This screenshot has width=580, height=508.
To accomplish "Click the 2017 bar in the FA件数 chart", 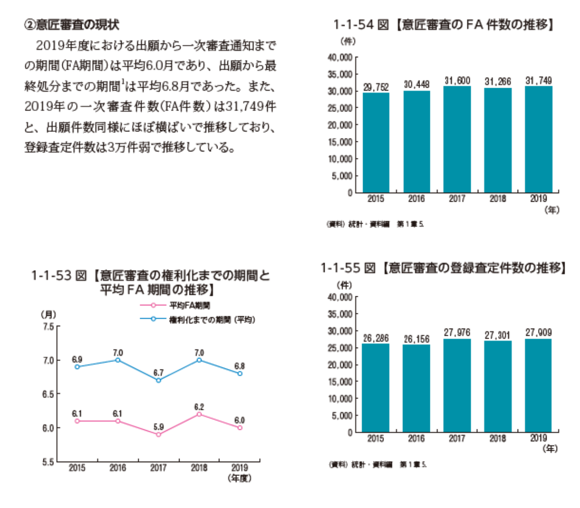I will (x=457, y=139).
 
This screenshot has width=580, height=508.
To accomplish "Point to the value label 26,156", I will (x=416, y=339).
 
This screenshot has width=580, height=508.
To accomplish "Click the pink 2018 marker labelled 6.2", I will (x=199, y=414).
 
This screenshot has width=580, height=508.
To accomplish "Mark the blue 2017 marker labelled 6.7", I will (x=159, y=380).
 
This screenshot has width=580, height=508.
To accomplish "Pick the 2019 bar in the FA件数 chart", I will (x=538, y=139).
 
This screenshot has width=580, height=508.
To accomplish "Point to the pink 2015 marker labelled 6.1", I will (x=77, y=421).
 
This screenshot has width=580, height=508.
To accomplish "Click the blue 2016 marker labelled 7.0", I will (x=118, y=360).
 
